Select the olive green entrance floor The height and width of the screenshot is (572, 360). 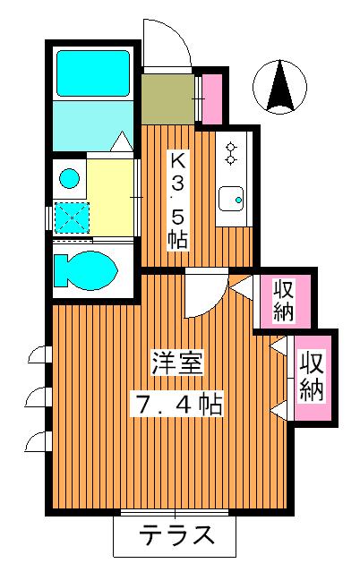pyautogui.click(x=167, y=98)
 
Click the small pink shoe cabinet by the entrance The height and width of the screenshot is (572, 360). pyautogui.click(x=212, y=98)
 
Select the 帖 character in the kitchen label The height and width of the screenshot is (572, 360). pyautogui.click(x=179, y=239)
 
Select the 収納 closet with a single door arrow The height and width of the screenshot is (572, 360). pyautogui.click(x=284, y=300)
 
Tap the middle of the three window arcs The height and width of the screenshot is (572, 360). pyautogui.click(x=40, y=395)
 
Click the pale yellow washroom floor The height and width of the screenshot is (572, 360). pyautogui.click(x=109, y=192)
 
